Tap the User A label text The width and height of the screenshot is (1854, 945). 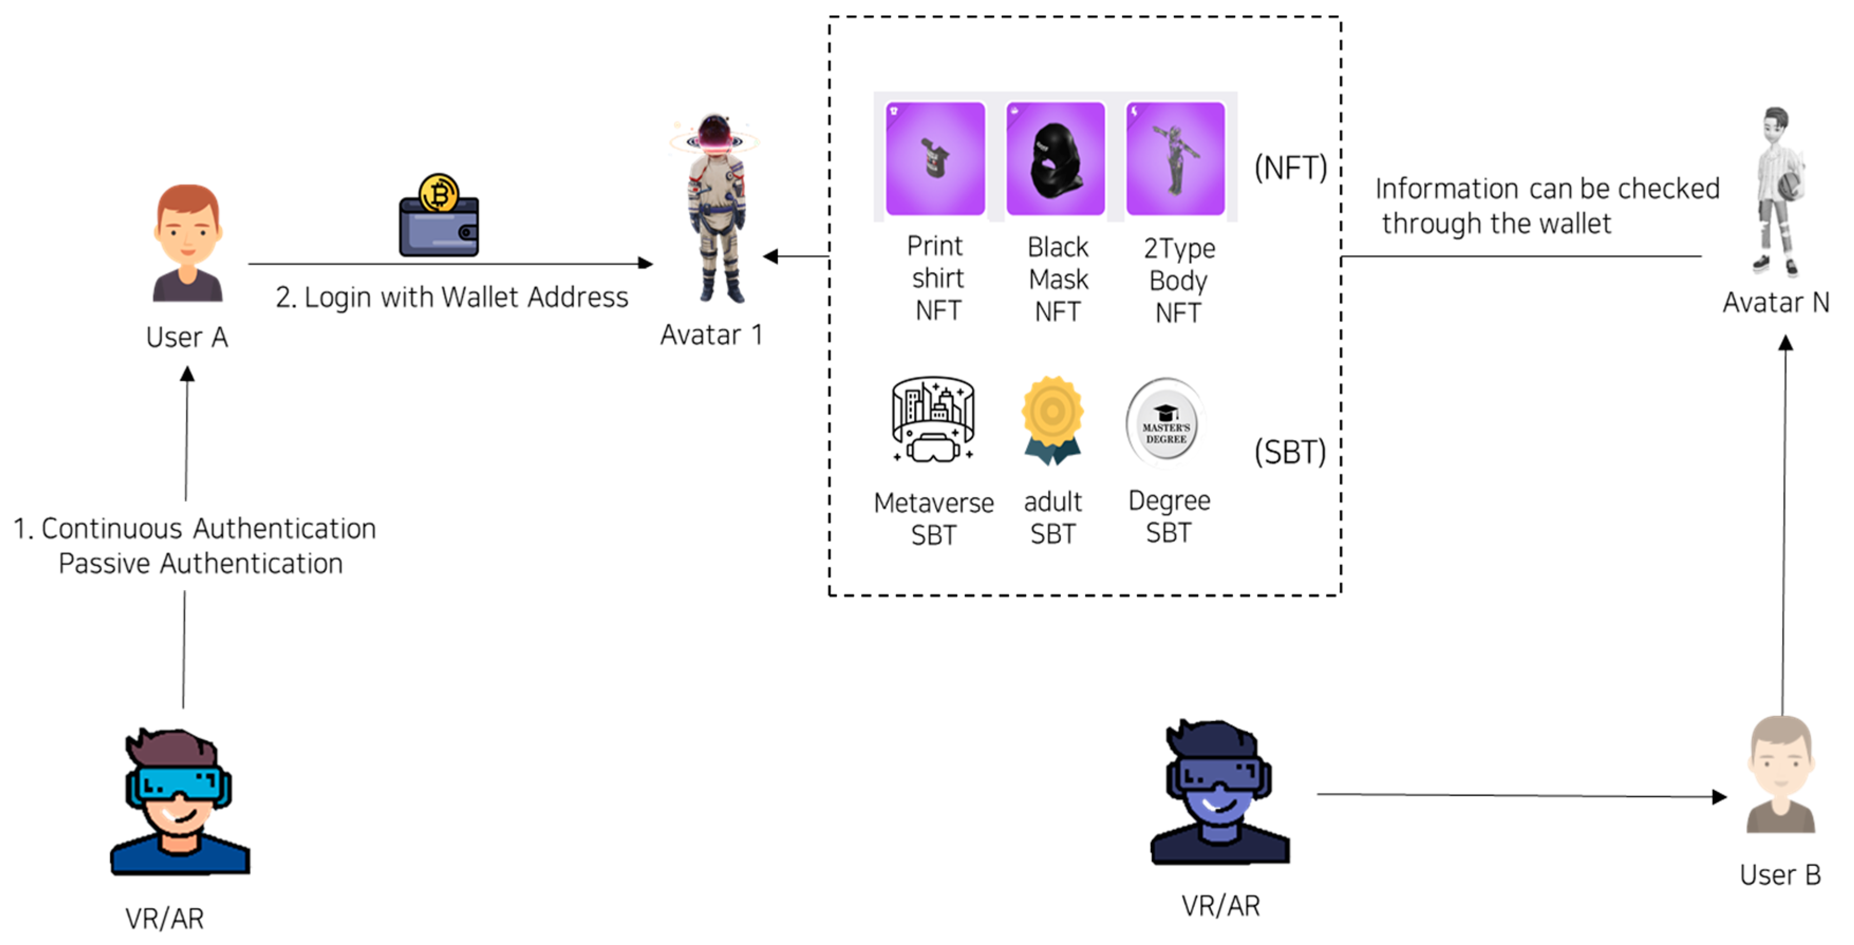(186, 337)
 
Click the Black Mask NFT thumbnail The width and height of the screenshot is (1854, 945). (1055, 158)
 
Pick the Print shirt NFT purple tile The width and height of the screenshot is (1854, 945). (935, 158)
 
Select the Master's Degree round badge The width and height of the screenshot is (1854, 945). (1165, 424)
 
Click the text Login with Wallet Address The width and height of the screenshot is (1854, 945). (452, 297)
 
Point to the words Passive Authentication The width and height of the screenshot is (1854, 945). (201, 563)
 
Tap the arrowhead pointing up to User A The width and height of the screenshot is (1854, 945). (187, 374)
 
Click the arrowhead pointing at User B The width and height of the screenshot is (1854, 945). (1719, 797)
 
